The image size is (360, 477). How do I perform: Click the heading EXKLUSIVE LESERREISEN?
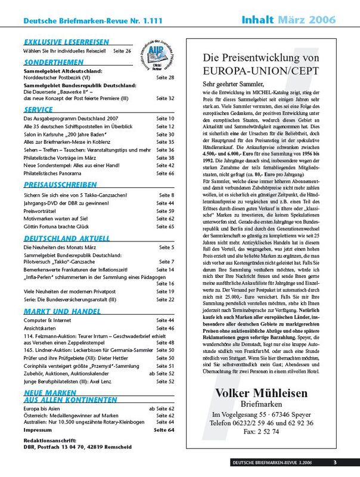(x=66, y=42)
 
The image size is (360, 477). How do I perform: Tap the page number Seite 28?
(x=165, y=78)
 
